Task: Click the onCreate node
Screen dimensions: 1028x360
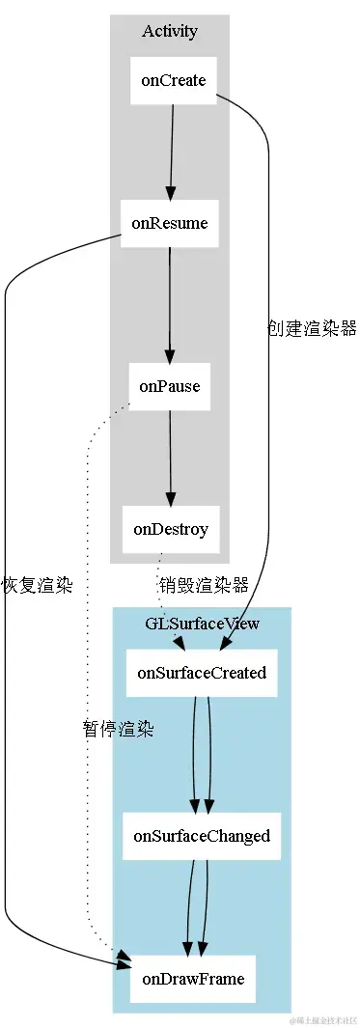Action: pyautogui.click(x=173, y=81)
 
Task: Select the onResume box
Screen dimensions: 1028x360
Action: pyautogui.click(x=170, y=223)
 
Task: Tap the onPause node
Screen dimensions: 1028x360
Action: pyautogui.click(x=170, y=386)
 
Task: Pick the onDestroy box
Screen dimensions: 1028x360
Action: pyautogui.click(x=171, y=529)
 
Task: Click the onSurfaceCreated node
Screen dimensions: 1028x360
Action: pyautogui.click(x=202, y=673)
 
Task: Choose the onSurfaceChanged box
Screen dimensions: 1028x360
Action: pyautogui.click(x=202, y=836)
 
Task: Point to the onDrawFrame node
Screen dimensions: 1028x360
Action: pyautogui.click(x=193, y=979)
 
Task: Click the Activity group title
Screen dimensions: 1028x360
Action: pyautogui.click(x=170, y=31)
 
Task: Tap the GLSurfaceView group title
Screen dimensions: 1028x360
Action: pyautogui.click(x=202, y=624)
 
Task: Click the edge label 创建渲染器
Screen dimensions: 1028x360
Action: pyautogui.click(x=312, y=328)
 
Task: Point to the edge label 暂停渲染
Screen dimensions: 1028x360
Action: pyautogui.click(x=119, y=729)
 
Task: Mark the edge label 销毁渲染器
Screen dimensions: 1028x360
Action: pyautogui.click(x=204, y=585)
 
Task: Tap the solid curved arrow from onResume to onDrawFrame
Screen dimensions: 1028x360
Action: pyautogui.click(x=6, y=676)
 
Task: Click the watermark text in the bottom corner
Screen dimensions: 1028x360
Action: pyautogui.click(x=322, y=1019)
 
